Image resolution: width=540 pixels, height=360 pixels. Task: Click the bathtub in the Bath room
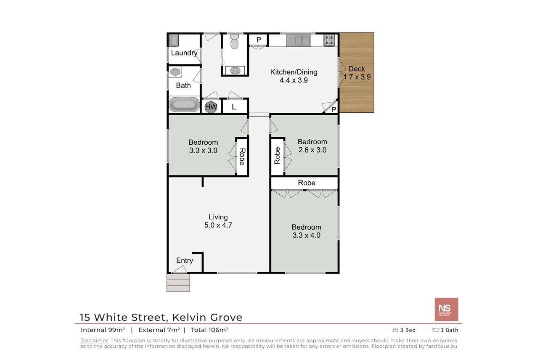coord(184,104)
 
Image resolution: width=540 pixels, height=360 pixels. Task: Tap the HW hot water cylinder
coord(211,106)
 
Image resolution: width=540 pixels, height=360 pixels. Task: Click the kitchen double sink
coord(299,40)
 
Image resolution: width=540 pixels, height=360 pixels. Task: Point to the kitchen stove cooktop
coord(329,40)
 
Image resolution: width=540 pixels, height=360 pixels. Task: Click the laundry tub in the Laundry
coord(174,40)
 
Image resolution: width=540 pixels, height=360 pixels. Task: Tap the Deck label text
coord(357,69)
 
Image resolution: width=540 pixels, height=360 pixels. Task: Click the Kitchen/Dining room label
coord(294,72)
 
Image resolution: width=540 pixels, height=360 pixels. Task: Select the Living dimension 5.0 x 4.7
coord(218,225)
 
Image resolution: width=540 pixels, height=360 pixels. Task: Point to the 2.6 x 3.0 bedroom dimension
coord(312,150)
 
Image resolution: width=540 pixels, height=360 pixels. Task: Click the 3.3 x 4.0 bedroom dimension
coord(307,236)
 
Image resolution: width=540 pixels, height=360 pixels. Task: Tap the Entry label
coord(185,260)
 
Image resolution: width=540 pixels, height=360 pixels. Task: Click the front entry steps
coord(178,283)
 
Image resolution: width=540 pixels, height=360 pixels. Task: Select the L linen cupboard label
coord(234,107)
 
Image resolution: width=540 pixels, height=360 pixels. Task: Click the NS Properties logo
coord(446,310)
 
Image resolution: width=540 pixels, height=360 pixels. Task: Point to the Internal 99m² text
coord(103,330)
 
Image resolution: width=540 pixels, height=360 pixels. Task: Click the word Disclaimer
coord(94,341)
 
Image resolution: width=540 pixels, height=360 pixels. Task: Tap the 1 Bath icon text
coord(445,330)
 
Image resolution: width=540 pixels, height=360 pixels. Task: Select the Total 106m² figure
coord(209,330)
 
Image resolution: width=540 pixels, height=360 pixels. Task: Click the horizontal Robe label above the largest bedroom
coord(307,183)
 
